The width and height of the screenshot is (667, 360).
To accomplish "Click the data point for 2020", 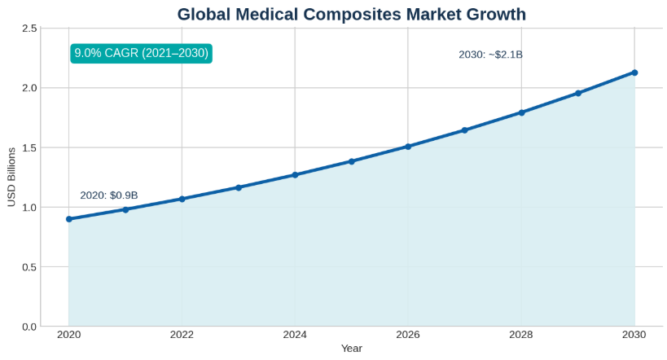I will (69, 219).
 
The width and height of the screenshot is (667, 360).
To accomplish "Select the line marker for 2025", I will (352, 161).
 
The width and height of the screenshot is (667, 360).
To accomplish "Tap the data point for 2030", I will (634, 72).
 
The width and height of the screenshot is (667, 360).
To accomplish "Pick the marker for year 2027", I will (464, 130).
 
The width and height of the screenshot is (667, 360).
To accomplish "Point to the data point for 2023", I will (239, 187).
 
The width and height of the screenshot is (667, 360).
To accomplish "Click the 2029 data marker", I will (578, 93).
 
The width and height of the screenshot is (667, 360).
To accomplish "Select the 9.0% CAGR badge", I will (142, 53).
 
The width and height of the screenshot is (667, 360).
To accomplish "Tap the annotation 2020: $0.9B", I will (109, 195).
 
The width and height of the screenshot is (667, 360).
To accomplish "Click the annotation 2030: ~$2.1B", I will (490, 55).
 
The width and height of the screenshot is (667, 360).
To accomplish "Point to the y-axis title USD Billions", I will (11, 177).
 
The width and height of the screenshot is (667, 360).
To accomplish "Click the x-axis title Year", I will (352, 349).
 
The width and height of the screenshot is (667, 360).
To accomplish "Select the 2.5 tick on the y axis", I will (29, 28).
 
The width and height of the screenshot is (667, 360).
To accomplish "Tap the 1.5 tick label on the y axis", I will (29, 147).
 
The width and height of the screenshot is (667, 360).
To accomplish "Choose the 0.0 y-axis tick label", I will (29, 327).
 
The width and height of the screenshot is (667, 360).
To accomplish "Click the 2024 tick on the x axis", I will (295, 334).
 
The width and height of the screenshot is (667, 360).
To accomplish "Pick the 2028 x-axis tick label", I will (521, 334).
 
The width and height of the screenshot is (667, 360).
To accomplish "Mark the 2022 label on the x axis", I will (182, 334).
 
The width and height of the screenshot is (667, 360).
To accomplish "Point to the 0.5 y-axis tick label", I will (29, 266).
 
